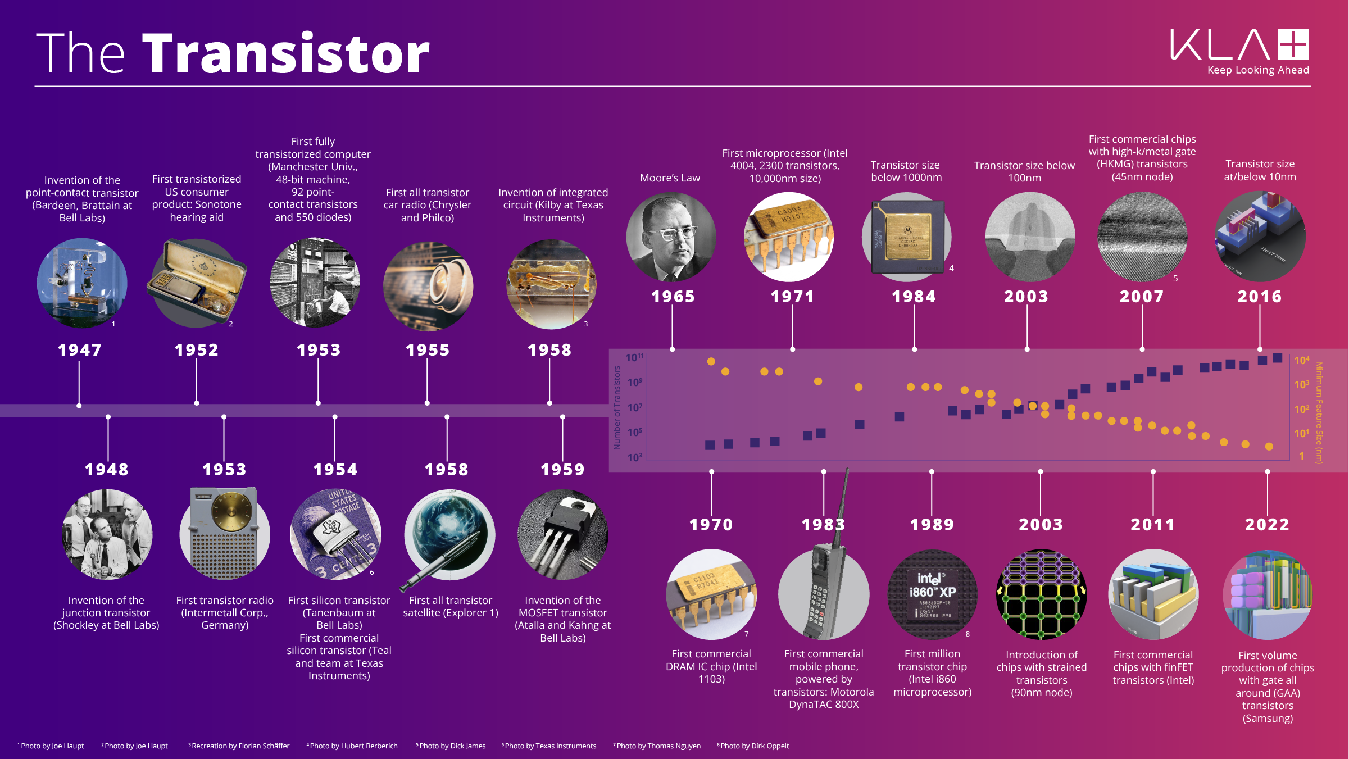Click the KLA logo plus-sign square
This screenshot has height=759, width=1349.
(1293, 44)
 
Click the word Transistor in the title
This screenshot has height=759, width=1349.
(285, 54)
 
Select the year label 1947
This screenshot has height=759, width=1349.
(80, 350)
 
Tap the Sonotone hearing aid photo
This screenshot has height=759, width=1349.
(197, 283)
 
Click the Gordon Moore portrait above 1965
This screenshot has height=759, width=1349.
(671, 237)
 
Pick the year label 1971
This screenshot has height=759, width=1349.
(792, 297)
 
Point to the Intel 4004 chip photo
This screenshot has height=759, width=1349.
(789, 237)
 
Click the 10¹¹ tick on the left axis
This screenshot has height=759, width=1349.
(635, 358)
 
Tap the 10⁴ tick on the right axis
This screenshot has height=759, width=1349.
(1301, 361)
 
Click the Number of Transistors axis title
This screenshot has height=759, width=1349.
(617, 408)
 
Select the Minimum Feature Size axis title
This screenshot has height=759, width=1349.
(1319, 413)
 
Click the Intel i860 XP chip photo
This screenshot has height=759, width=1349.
(932, 594)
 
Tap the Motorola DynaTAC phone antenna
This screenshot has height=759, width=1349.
(843, 506)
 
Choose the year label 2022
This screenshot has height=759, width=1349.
(1267, 525)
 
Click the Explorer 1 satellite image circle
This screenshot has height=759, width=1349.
(449, 535)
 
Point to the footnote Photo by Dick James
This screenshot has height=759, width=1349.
(451, 746)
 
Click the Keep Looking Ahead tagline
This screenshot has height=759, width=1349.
(1258, 70)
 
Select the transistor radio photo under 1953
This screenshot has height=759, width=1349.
(225, 535)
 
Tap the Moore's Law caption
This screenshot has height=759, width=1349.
(670, 178)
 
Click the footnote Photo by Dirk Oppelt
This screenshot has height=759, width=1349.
(753, 746)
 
